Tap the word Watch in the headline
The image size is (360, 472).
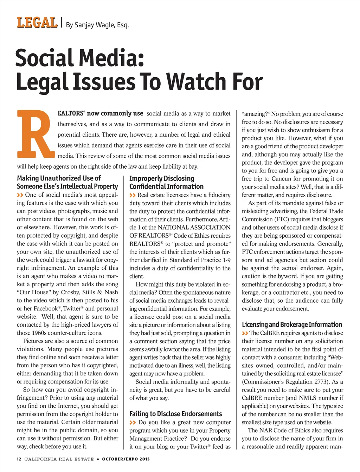tap(197, 82)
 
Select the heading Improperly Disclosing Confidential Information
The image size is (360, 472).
tap(166, 182)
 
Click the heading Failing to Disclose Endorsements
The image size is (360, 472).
tap(175, 414)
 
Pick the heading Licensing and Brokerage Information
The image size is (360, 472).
tap(292, 324)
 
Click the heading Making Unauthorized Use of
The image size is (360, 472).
tap(59, 178)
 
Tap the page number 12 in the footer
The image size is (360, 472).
tap(19, 459)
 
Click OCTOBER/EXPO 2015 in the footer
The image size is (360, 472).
tap(126, 459)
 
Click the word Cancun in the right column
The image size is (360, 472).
tap(281, 179)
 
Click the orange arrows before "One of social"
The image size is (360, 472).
tap(20, 195)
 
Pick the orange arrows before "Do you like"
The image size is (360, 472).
tap(133, 422)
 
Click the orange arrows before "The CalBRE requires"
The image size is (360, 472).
tap(245, 333)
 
